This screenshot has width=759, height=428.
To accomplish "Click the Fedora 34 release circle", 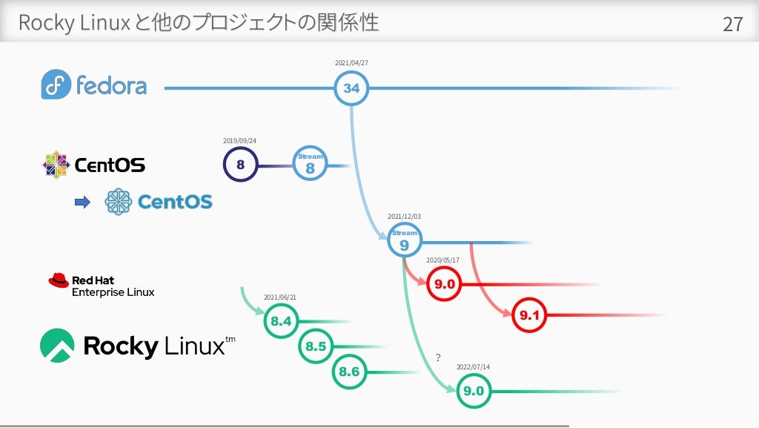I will (x=351, y=88).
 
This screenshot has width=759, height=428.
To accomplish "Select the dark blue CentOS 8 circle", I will (x=240, y=165).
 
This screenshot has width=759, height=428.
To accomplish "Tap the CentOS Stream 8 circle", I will (x=310, y=164).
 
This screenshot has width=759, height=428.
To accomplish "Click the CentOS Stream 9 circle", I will (x=404, y=240).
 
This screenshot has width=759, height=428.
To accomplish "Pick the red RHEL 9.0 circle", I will (x=445, y=283).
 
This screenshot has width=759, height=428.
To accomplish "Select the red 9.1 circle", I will (x=531, y=315).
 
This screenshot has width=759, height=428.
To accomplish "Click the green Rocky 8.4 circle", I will (x=281, y=321).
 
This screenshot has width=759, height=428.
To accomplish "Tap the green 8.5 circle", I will (x=316, y=346).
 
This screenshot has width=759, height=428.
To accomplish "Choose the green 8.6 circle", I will (x=349, y=371).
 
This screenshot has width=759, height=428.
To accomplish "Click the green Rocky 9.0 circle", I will (x=473, y=391).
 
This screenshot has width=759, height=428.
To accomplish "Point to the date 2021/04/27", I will (x=351, y=63).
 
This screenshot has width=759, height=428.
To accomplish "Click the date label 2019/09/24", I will (x=239, y=140).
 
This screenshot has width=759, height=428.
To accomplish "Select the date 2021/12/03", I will (x=404, y=217).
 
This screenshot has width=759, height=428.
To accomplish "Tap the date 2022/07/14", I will (x=473, y=366).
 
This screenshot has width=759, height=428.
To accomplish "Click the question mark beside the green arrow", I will (x=438, y=358).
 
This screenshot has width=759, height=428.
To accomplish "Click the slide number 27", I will (x=732, y=24).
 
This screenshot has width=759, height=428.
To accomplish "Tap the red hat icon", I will (x=58, y=280).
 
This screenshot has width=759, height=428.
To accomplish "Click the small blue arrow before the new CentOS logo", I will (x=83, y=201).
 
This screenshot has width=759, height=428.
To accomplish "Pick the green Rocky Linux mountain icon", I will (x=57, y=345).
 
